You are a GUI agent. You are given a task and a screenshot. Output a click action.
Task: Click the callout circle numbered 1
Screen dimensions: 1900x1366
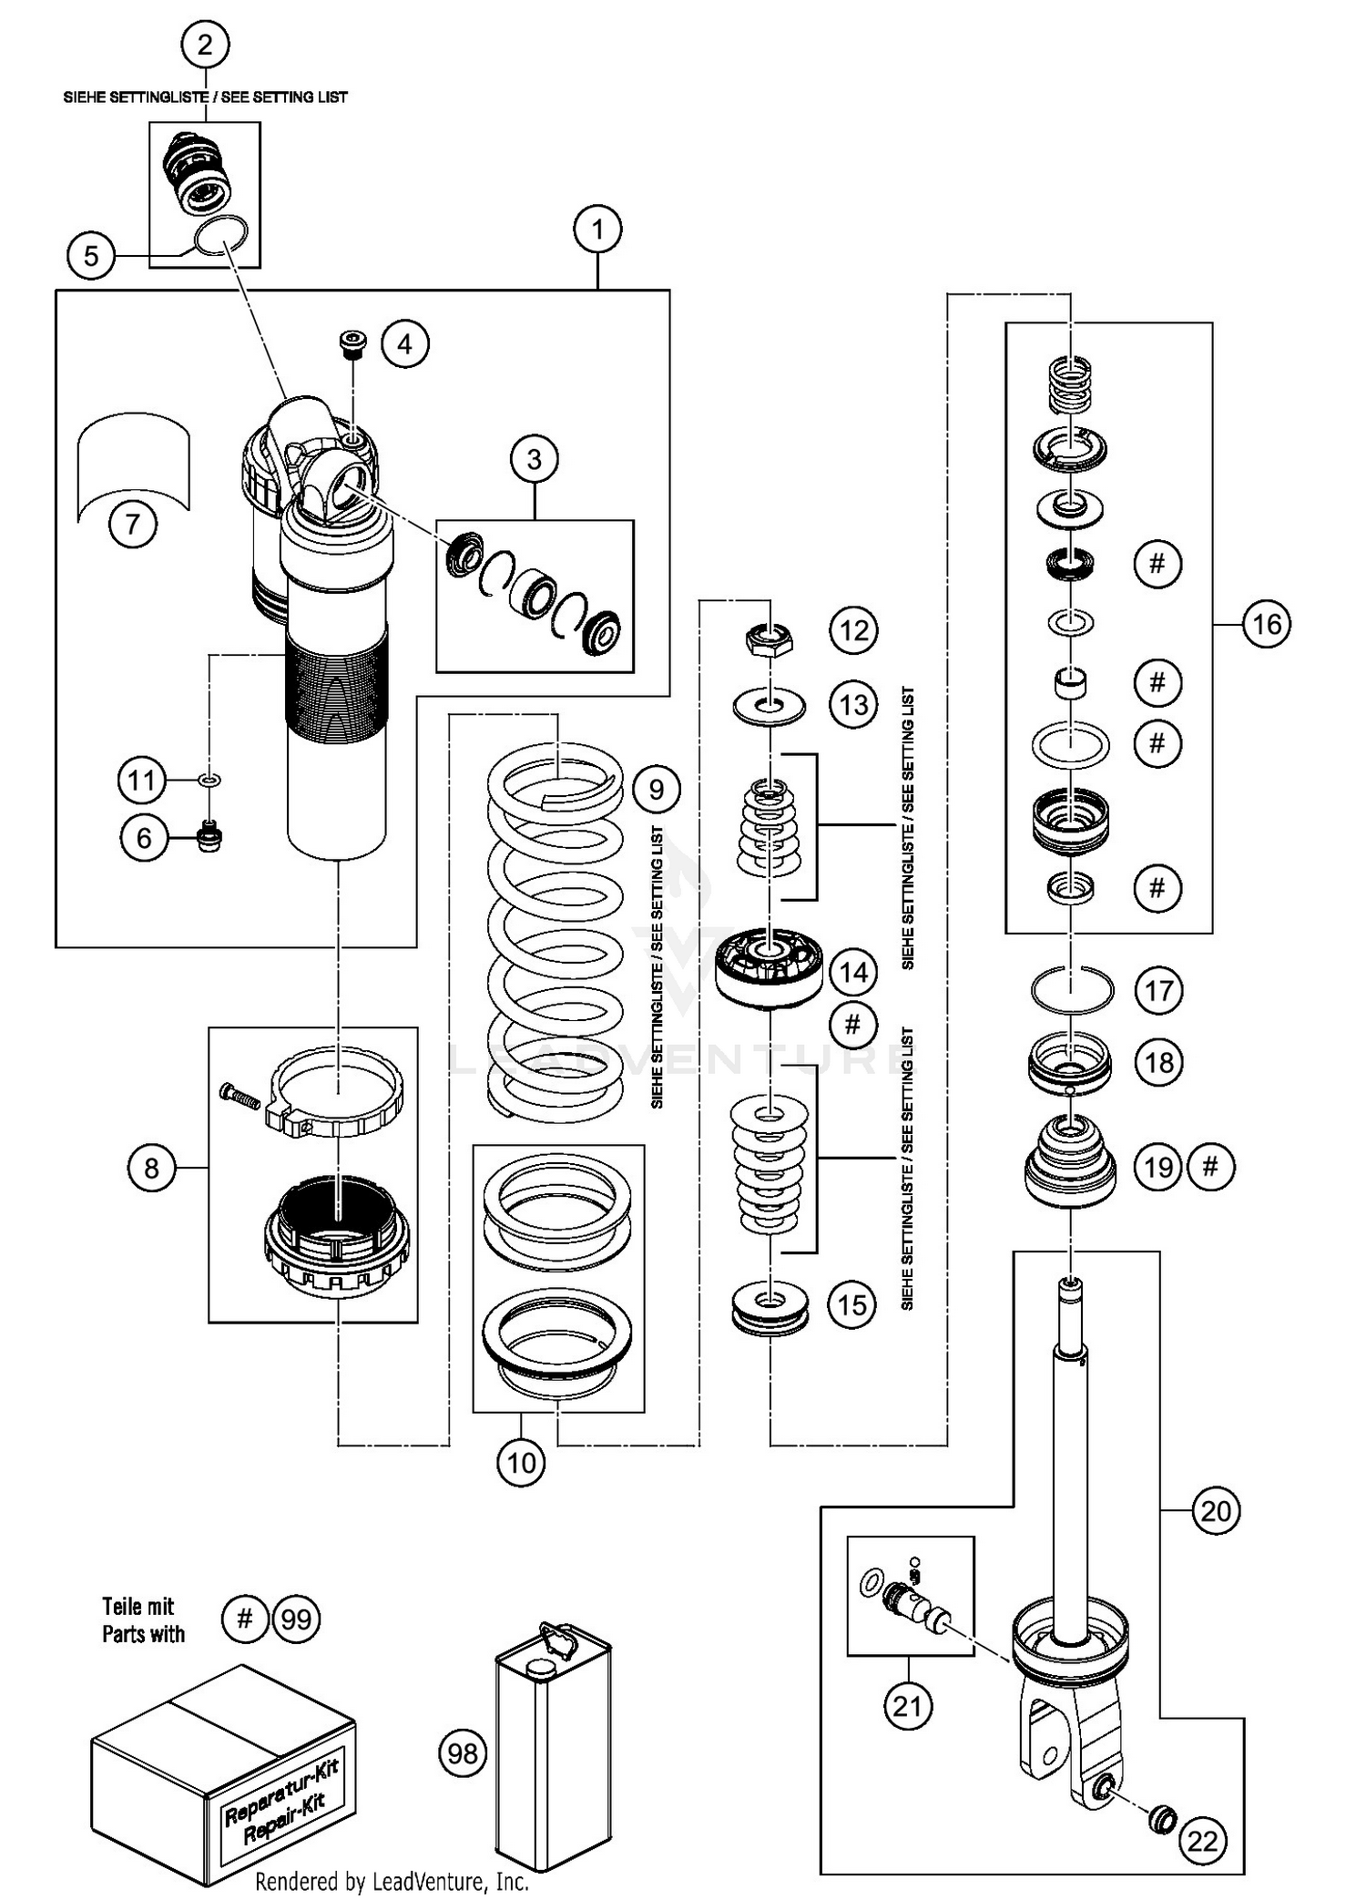(x=597, y=230)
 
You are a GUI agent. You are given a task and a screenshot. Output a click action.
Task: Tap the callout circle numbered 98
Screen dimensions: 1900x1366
(x=464, y=1752)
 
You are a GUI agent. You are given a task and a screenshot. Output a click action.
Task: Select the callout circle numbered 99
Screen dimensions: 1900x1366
(x=297, y=1619)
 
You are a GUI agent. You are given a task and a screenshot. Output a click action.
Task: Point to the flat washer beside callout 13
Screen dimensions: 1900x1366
(x=770, y=706)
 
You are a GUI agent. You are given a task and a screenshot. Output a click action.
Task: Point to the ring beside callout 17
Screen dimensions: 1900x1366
(x=1071, y=989)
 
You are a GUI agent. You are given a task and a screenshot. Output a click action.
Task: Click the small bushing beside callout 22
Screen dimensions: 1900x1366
(x=1161, y=1818)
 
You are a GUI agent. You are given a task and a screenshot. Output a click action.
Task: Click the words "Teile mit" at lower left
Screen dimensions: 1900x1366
(x=138, y=1607)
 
